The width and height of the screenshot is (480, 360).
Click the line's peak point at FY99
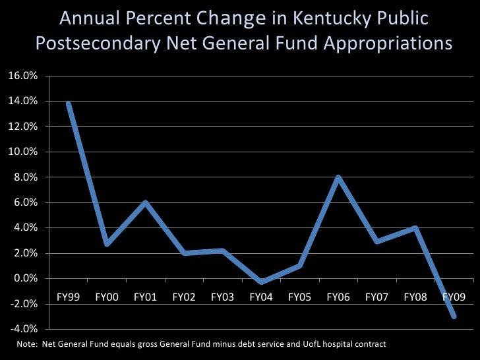pyautogui.click(x=69, y=104)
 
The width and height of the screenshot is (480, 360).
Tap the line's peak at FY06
pyautogui.click(x=338, y=177)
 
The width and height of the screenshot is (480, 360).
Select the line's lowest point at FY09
pyautogui.click(x=454, y=316)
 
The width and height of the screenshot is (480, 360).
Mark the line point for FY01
pyautogui.click(x=145, y=202)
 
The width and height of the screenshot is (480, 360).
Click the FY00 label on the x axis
pyautogui.click(x=107, y=297)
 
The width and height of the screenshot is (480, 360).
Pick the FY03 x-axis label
pyautogui.click(x=222, y=297)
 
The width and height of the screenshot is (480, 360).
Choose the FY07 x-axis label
pyautogui.click(x=376, y=297)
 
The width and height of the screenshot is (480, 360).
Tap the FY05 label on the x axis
pyautogui.click(x=299, y=297)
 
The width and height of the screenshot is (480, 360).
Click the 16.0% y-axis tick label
pyautogui.click(x=22, y=76)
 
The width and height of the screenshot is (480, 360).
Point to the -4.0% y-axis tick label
pyautogui.click(x=23, y=330)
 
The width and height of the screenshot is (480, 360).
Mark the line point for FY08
pyautogui.click(x=415, y=228)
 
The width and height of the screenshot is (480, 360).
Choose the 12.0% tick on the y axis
pyautogui.click(x=22, y=127)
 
